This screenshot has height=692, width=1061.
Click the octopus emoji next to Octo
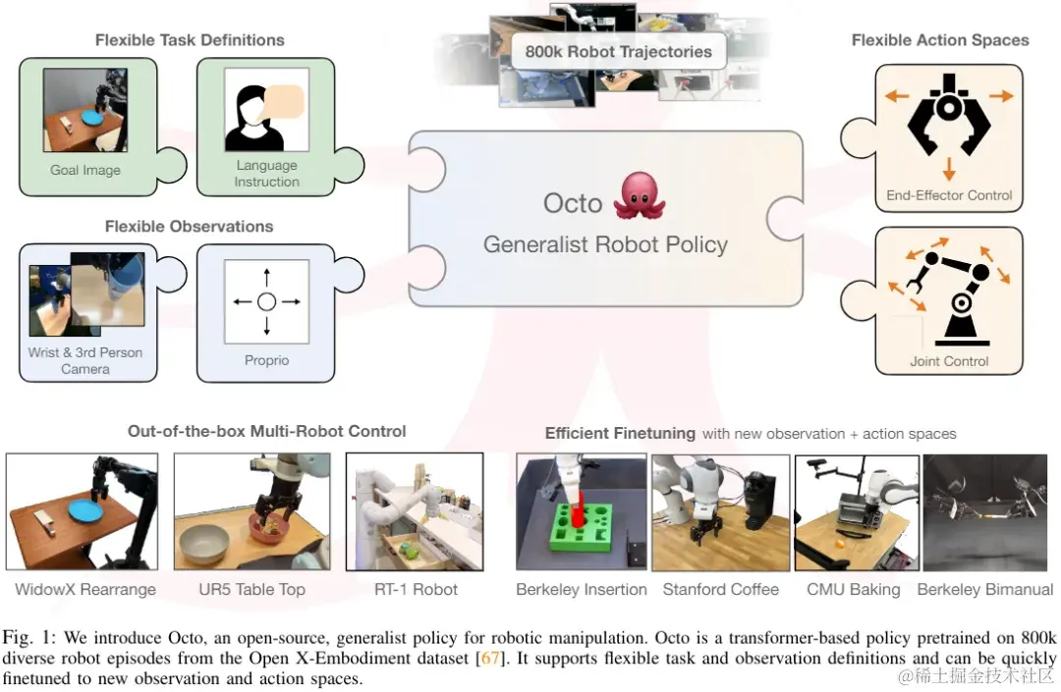640,196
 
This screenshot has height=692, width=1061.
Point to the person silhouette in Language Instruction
247,120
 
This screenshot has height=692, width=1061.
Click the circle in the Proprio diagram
266,301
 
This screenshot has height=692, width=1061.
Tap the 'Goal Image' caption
85,170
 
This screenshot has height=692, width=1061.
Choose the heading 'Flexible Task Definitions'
190,40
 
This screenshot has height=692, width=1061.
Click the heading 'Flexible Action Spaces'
940,40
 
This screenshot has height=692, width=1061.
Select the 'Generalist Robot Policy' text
605,244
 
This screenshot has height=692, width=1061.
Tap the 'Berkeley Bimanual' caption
984,589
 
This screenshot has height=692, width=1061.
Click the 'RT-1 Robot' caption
416,589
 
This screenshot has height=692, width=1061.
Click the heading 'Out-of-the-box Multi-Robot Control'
266,431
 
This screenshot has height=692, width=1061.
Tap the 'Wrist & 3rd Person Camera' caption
85,360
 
